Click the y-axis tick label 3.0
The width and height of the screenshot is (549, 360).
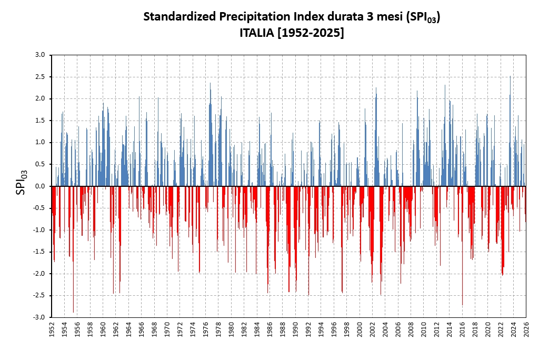click(40, 55)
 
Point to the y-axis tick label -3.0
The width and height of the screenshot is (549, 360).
click(39, 317)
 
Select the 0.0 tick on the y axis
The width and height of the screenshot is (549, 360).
click(40, 186)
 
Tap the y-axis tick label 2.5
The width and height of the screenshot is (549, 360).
click(40, 77)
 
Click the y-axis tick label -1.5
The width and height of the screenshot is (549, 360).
click(39, 252)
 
